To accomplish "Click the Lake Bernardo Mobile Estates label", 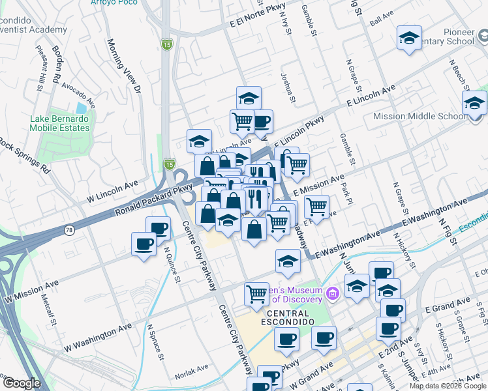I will pyautogui.click(x=59, y=123).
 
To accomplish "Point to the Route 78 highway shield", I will pyautogui.click(x=69, y=230).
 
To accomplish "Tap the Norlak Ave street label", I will pyautogui.click(x=192, y=376).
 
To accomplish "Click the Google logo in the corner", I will pyautogui.click(x=22, y=383).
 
